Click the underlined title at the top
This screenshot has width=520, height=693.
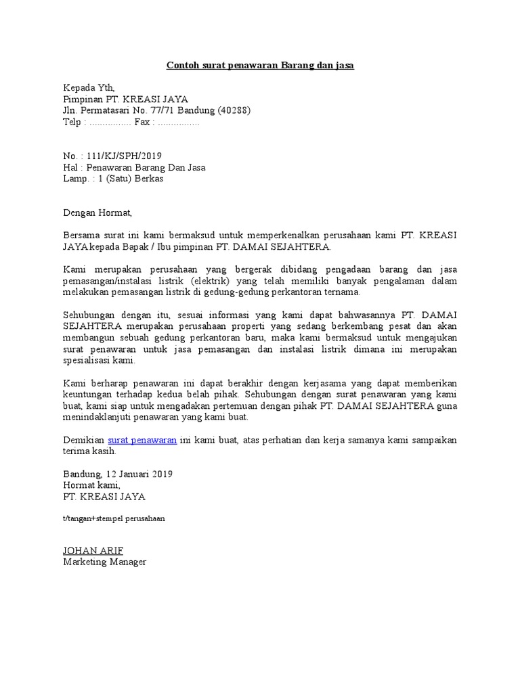(261, 66)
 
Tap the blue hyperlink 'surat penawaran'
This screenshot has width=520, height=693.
(142, 440)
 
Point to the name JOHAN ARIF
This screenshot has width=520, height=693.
(93, 551)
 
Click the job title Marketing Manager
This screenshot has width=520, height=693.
(105, 562)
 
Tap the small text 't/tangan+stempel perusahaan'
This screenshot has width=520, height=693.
(114, 518)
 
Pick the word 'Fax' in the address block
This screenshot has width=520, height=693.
(142, 122)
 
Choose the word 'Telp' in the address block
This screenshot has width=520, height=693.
(72, 122)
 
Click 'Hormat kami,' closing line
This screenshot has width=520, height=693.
(91, 485)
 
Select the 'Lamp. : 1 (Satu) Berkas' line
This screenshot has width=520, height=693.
(113, 179)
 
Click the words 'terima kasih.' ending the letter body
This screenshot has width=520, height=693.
(90, 451)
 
